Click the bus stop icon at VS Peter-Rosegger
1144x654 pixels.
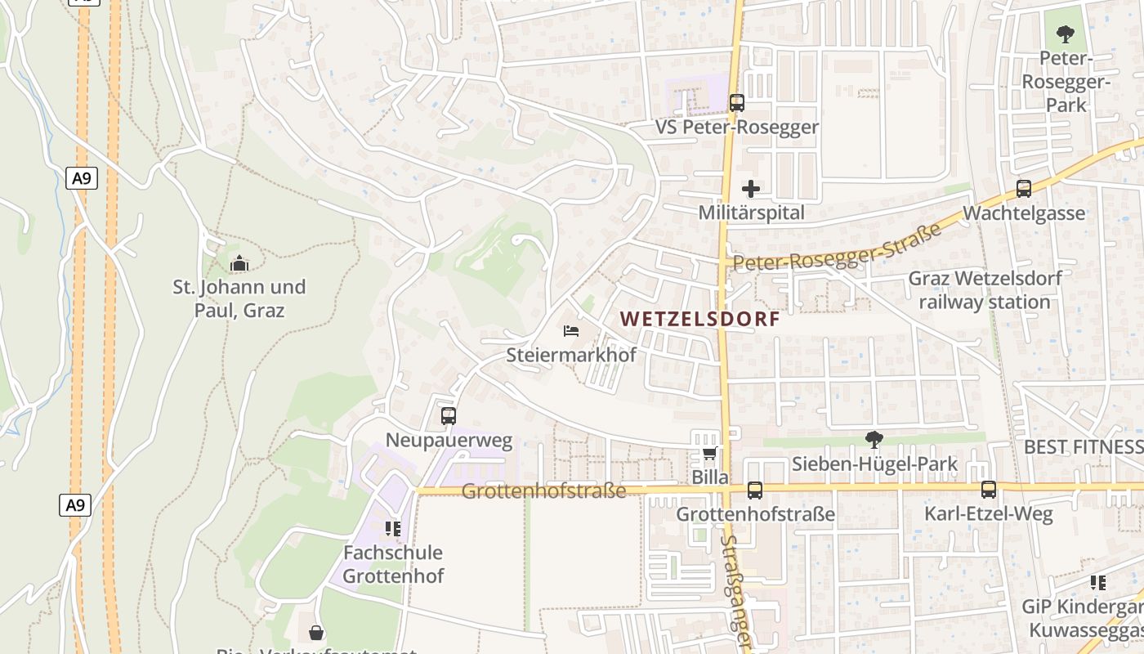click(737, 103)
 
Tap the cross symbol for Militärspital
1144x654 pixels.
click(751, 189)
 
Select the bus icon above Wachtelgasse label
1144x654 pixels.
click(1024, 189)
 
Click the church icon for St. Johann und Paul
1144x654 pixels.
click(239, 263)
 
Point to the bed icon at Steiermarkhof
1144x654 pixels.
click(571, 331)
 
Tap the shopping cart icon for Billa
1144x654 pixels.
click(709, 453)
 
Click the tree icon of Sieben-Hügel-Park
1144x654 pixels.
click(874, 440)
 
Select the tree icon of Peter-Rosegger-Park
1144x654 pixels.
click(1066, 34)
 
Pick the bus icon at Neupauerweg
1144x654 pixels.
click(449, 416)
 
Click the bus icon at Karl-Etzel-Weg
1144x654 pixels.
click(989, 490)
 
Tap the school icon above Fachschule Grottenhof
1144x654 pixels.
click(393, 529)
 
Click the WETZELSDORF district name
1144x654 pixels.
click(700, 319)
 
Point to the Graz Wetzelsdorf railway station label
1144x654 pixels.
click(985, 290)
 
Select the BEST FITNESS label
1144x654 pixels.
click(1084, 446)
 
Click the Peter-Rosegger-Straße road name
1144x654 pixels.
click(838, 248)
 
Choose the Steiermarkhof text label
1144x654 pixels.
click(571, 355)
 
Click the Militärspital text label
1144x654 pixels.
click(751, 213)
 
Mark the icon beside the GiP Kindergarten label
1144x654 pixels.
click(1098, 583)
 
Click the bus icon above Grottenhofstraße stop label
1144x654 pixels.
click(755, 490)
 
